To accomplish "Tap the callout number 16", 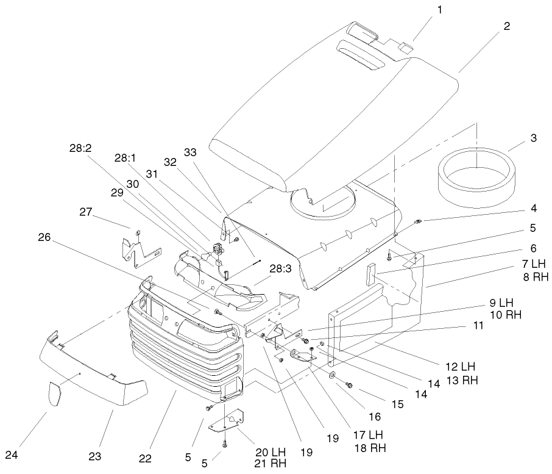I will point(374,417).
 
